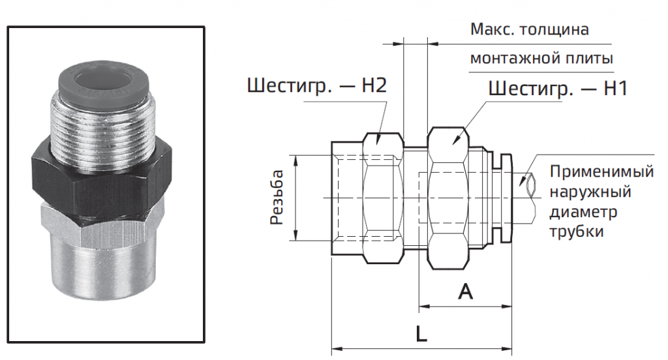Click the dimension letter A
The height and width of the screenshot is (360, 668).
[x=465, y=292]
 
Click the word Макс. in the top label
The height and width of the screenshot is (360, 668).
[x=491, y=30]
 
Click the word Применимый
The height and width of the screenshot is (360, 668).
[x=601, y=173]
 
